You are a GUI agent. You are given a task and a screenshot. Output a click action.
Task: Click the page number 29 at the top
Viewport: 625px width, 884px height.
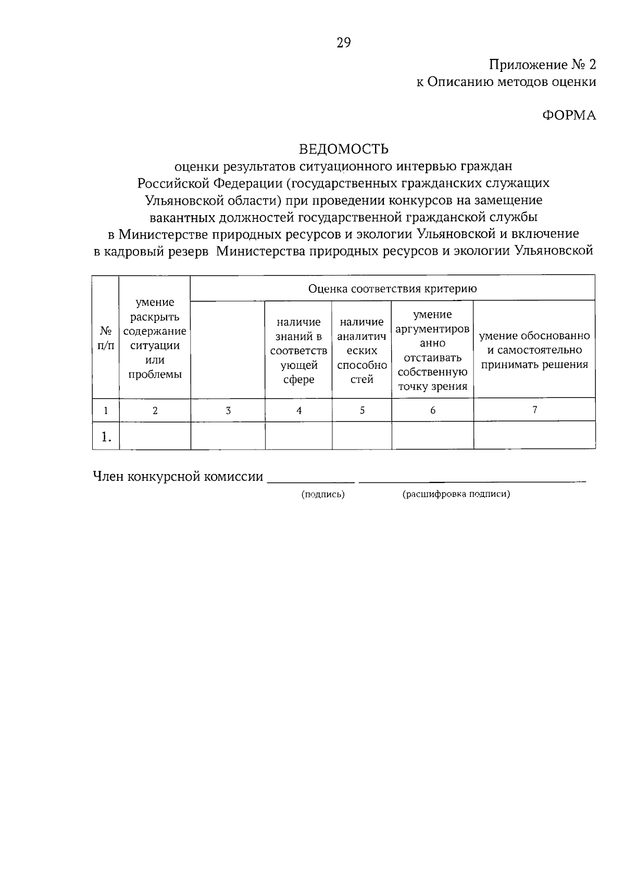tap(344, 43)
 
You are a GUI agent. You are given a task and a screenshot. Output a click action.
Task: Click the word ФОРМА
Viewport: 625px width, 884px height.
tap(569, 116)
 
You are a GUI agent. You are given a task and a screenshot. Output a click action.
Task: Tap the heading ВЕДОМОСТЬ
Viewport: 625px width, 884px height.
tap(344, 150)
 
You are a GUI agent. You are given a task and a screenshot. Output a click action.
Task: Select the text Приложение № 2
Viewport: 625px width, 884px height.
tap(542, 65)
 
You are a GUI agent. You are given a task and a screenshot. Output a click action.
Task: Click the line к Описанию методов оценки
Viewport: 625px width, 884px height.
tap(506, 82)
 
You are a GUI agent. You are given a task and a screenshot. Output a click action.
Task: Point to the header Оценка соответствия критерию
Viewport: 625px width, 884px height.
tap(392, 289)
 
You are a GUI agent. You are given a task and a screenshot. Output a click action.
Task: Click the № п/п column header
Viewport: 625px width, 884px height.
tap(106, 338)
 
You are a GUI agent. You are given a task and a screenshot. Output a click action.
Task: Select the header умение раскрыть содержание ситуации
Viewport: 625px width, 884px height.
tap(155, 338)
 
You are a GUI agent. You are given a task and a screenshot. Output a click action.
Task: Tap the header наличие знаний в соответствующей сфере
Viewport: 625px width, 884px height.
tap(298, 351)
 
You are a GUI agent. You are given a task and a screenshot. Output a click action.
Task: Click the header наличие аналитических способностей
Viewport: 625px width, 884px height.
tap(361, 351)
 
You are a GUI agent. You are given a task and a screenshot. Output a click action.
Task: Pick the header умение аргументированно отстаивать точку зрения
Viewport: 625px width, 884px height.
tap(432, 351)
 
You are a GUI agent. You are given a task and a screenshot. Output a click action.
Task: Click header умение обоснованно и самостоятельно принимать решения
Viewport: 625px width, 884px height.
tap(534, 350)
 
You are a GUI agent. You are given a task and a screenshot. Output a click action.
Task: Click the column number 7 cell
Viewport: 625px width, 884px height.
tap(534, 410)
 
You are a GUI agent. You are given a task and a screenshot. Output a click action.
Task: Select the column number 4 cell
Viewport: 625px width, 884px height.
tap(298, 410)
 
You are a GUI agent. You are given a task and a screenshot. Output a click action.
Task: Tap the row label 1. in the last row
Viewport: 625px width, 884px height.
tap(106, 436)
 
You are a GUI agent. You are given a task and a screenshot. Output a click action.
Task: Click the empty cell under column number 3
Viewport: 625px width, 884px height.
tap(228, 435)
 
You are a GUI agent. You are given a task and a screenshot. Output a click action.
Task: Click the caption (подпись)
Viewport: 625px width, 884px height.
tap(323, 495)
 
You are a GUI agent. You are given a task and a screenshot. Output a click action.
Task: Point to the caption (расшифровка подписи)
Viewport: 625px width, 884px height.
tap(456, 495)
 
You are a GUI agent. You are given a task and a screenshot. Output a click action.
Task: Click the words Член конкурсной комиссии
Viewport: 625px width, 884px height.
tap(178, 477)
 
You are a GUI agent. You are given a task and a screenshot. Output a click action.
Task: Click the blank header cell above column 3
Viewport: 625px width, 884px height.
tap(228, 350)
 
